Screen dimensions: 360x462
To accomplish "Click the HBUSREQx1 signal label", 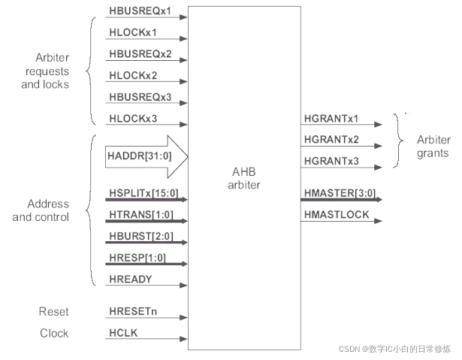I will [x=140, y=12].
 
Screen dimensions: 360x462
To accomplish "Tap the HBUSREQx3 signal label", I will [x=140, y=97].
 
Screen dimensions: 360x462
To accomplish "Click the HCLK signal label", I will [x=122, y=333].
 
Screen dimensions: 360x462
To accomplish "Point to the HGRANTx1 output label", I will [x=331, y=119].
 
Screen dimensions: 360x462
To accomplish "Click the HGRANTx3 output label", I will [x=331, y=161].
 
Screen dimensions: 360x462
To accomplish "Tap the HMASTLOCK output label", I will [x=337, y=216].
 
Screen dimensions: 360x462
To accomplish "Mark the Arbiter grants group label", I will [x=433, y=146].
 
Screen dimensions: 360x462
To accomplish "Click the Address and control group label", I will [x=47, y=210].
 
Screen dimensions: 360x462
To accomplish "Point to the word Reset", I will [x=53, y=312].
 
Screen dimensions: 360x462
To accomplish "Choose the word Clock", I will [x=53, y=333].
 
